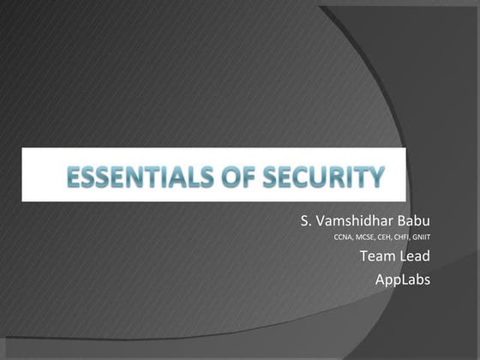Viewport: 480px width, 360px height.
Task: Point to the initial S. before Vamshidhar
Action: click(306, 222)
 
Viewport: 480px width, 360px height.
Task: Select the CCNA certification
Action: click(343, 239)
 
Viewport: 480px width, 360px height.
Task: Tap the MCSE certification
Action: click(365, 239)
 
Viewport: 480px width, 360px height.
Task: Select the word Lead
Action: click(415, 257)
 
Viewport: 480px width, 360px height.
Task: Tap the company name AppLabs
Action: click(403, 279)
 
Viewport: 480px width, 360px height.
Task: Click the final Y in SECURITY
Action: click(374, 178)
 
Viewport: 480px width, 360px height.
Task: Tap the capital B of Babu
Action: click(401, 222)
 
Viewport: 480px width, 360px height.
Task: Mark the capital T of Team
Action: click(363, 257)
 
